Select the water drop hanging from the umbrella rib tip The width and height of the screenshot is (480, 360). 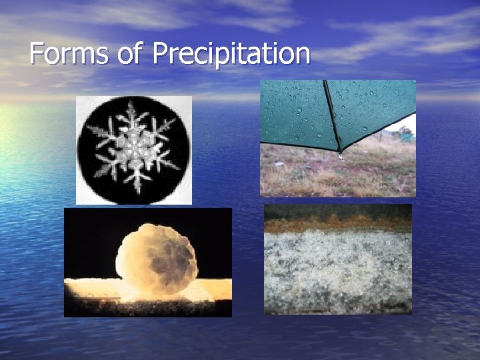coord(341,156)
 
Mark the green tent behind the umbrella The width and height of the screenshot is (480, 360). coord(405,136)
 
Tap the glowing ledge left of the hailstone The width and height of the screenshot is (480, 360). coord(90,288)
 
